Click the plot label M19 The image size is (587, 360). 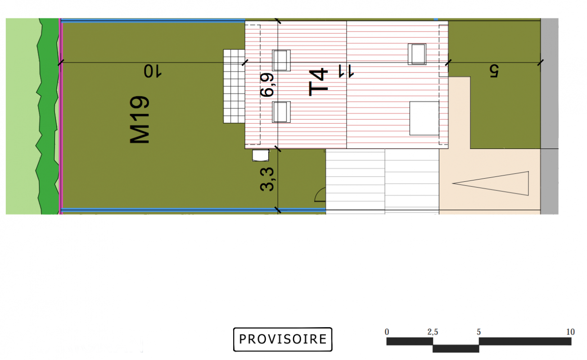coord(140,120)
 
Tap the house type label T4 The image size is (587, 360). coord(318,82)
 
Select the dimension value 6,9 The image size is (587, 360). coord(267,85)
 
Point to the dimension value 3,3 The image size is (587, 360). coord(267,179)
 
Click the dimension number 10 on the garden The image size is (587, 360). coord(153,72)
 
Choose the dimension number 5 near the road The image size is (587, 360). coord(494,71)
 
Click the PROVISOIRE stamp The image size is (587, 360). coord(283,339)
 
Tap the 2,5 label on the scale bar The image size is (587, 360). coord(433,332)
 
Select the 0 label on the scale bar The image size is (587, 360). coord(387,332)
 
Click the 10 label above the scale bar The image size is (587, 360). coord(570,332)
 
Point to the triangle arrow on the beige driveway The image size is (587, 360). coord(491,184)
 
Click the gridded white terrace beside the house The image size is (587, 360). coord(234,86)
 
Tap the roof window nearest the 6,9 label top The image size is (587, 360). coord(281,60)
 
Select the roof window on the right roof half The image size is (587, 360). coord(417,54)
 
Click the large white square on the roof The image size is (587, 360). coord(424,118)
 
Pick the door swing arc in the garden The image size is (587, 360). coord(319,194)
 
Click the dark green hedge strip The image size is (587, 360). coord(48,117)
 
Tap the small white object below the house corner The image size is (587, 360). coord(261,155)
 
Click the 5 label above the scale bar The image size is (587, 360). coord(479,332)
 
